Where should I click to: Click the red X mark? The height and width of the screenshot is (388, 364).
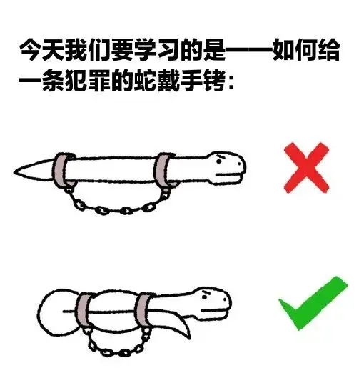pyautogui.click(x=306, y=167)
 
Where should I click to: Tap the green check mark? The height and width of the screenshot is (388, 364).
pyautogui.click(x=313, y=303)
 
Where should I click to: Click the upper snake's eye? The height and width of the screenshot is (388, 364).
pyautogui.click(x=219, y=161)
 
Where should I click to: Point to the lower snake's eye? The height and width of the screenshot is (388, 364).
pyautogui.click(x=205, y=297)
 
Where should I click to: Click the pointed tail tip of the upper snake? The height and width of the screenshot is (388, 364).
pyautogui.click(x=14, y=172)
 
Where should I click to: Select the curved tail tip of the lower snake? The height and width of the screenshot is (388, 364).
pyautogui.click(x=189, y=338)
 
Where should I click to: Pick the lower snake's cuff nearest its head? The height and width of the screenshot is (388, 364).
pyautogui.click(x=143, y=310)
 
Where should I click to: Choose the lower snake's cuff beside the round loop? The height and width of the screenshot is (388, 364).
pyautogui.click(x=84, y=310)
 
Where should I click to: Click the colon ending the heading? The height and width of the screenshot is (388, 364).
pyautogui.click(x=231, y=82)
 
